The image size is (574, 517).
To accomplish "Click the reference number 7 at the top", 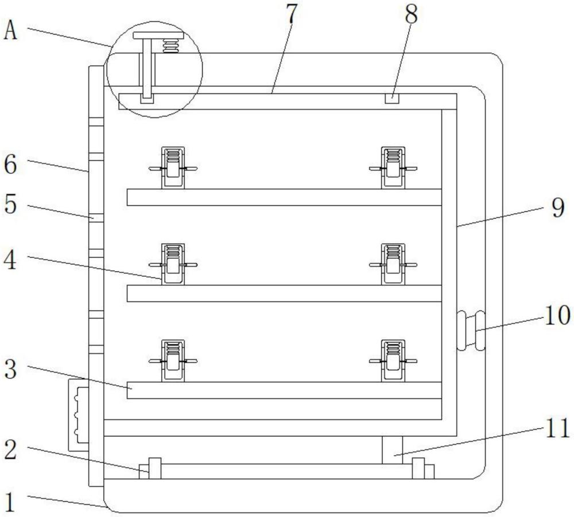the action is click(x=291, y=14).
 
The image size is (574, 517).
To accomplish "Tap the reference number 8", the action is click(x=411, y=14).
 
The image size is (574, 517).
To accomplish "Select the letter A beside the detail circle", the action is click(x=10, y=30).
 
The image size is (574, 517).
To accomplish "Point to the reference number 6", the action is click(x=10, y=164).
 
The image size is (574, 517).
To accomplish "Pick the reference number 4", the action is click(x=10, y=260).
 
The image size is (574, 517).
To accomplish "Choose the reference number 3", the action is click(x=10, y=369).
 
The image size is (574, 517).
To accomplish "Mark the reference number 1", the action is click(x=10, y=502).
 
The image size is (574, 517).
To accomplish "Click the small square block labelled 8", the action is click(x=391, y=99).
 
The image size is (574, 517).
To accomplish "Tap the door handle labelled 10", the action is click(x=471, y=331).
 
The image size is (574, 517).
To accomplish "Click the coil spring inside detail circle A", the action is click(x=170, y=46).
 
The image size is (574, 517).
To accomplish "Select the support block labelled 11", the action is click(x=392, y=450).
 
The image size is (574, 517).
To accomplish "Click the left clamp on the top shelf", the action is click(x=173, y=168).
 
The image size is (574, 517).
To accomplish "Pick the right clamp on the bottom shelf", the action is click(x=393, y=361).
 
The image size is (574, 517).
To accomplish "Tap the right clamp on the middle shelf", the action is click(x=393, y=264).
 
